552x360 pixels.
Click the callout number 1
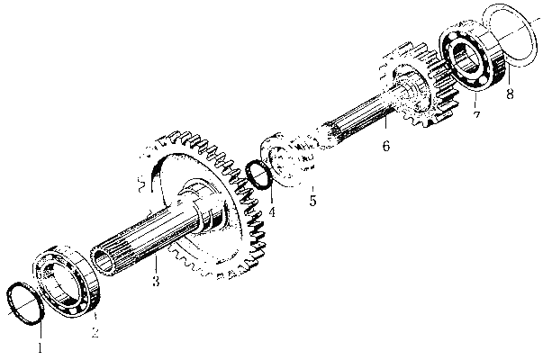coord(41,347)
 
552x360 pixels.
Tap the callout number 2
coord(95,332)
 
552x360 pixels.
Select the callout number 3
coord(156,281)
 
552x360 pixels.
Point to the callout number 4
coord(272,211)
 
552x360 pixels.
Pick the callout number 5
coord(313,200)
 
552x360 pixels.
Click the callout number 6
coord(386,145)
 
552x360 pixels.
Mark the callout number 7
coord(476,115)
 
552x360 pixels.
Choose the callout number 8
coord(510,94)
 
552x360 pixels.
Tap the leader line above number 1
coord(41,330)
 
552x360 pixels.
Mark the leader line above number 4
coord(271,195)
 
